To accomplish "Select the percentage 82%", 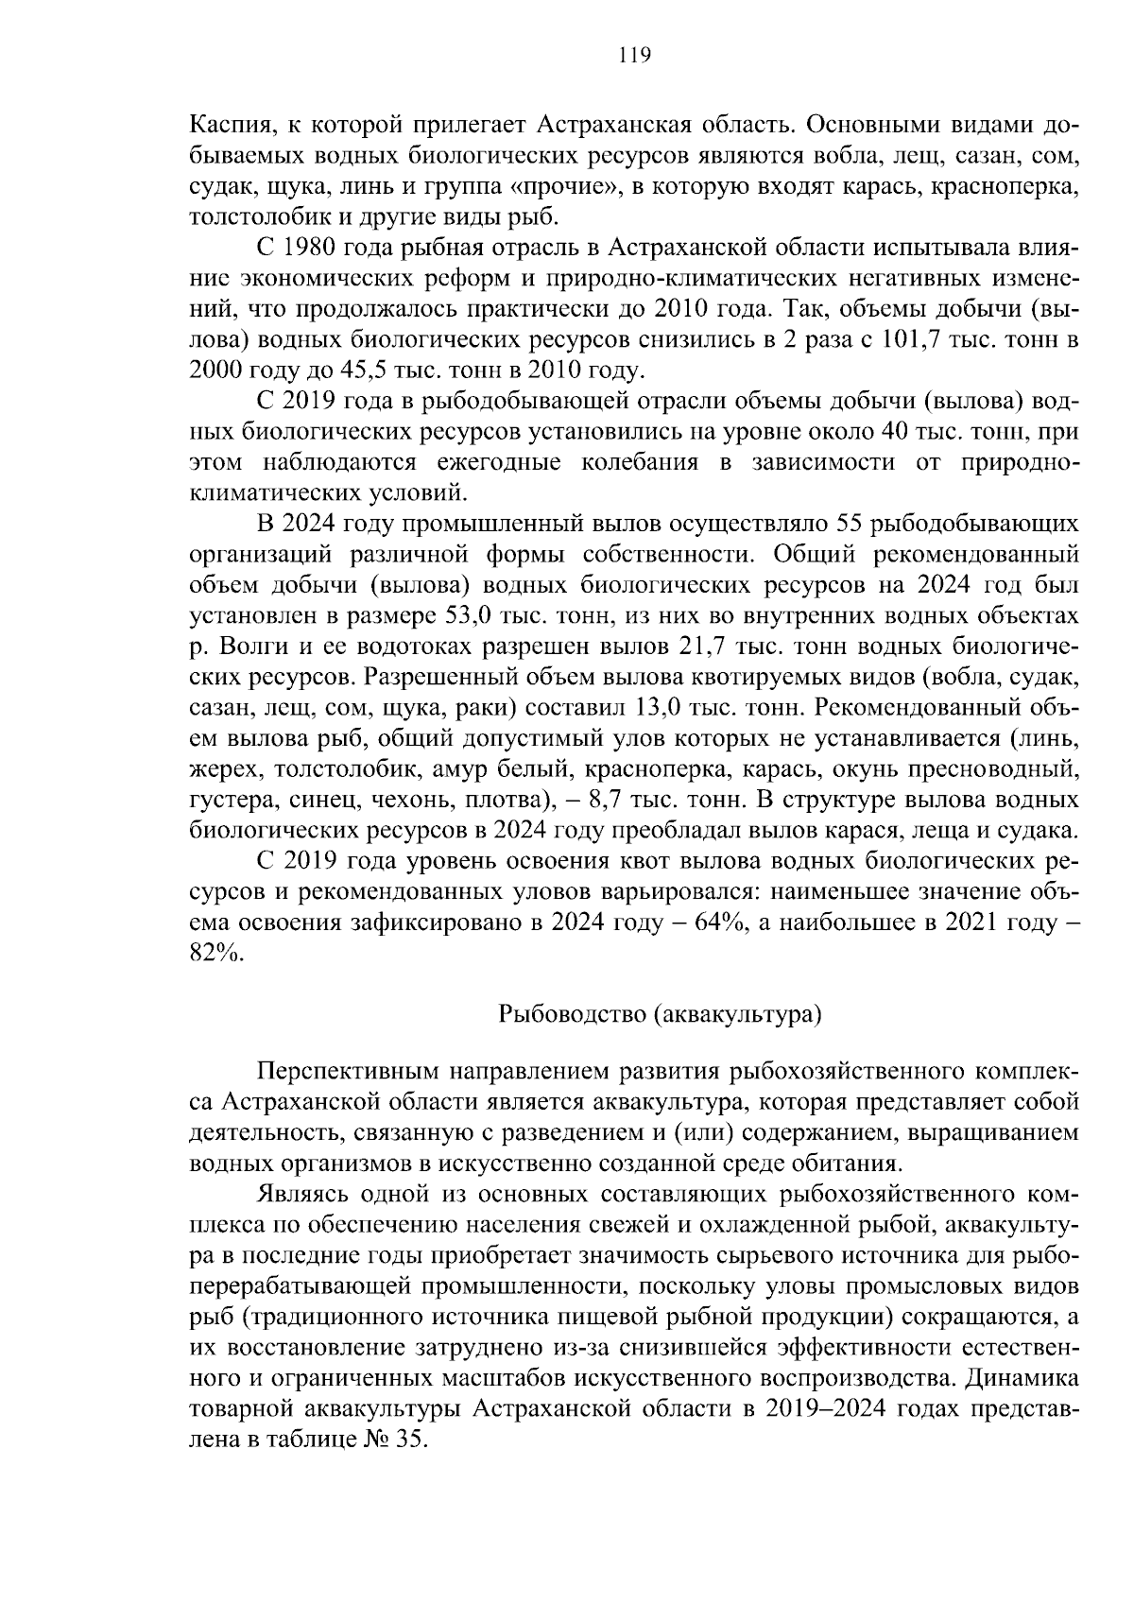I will point(215,953).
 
